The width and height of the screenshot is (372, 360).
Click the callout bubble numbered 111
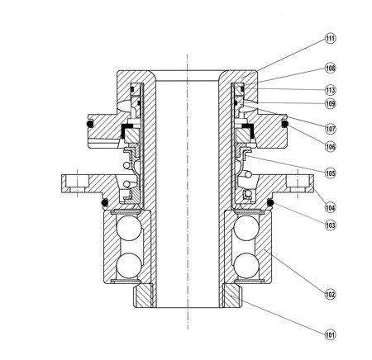[330, 38]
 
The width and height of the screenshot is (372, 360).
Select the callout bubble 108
[330, 68]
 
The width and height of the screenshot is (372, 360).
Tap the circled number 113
[330, 90]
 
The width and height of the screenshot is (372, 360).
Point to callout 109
[330, 103]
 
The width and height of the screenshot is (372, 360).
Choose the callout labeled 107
[330, 129]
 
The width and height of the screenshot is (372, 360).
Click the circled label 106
[330, 146]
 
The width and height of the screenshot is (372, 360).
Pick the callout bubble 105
[330, 173]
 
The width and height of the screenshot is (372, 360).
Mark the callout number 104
[330, 207]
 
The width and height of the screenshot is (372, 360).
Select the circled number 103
[330, 225]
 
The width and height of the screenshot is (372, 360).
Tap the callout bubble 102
[330, 294]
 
